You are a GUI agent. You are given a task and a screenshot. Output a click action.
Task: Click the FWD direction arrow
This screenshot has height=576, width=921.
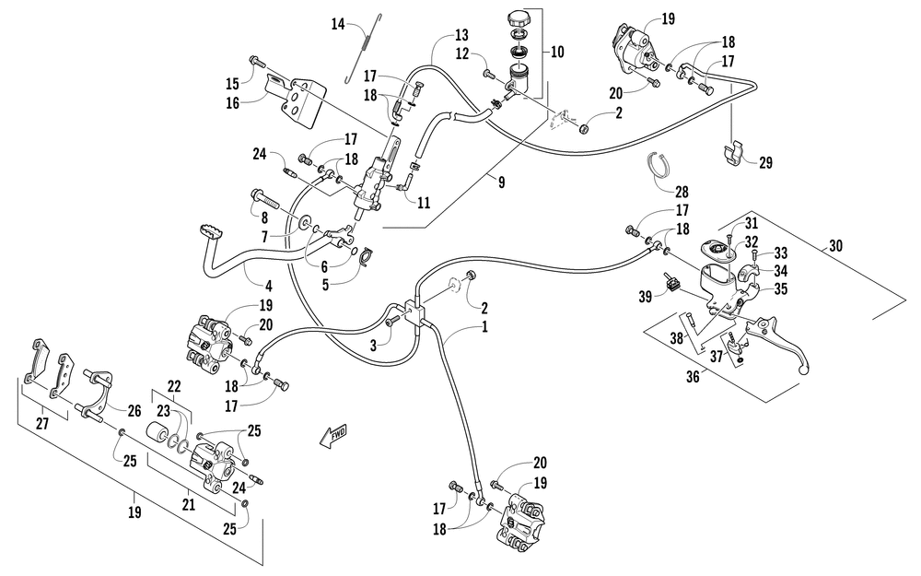333,436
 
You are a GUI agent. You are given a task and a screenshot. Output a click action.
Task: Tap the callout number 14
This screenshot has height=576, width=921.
337,25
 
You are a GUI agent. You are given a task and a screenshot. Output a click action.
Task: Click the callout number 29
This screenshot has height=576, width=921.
765,162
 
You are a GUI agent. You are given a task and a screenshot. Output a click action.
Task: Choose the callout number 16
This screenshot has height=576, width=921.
233,103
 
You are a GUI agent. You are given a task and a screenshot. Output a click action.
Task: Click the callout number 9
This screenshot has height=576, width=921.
501,182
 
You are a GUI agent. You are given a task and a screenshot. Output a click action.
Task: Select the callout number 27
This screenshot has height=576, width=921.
42,423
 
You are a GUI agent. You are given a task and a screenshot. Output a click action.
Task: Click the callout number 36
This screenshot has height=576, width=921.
693,376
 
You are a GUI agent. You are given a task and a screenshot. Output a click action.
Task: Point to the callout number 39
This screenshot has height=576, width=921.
645,296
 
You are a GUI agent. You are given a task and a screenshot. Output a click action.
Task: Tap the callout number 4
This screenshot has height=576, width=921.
268,287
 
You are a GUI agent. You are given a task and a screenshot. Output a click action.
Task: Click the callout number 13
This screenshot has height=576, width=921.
461,35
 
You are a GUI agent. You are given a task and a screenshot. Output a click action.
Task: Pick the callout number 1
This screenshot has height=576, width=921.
484,326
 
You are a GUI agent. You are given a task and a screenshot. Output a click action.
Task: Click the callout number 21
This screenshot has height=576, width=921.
188,504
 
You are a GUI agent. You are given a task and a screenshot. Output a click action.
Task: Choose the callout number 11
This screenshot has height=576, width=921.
424,203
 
